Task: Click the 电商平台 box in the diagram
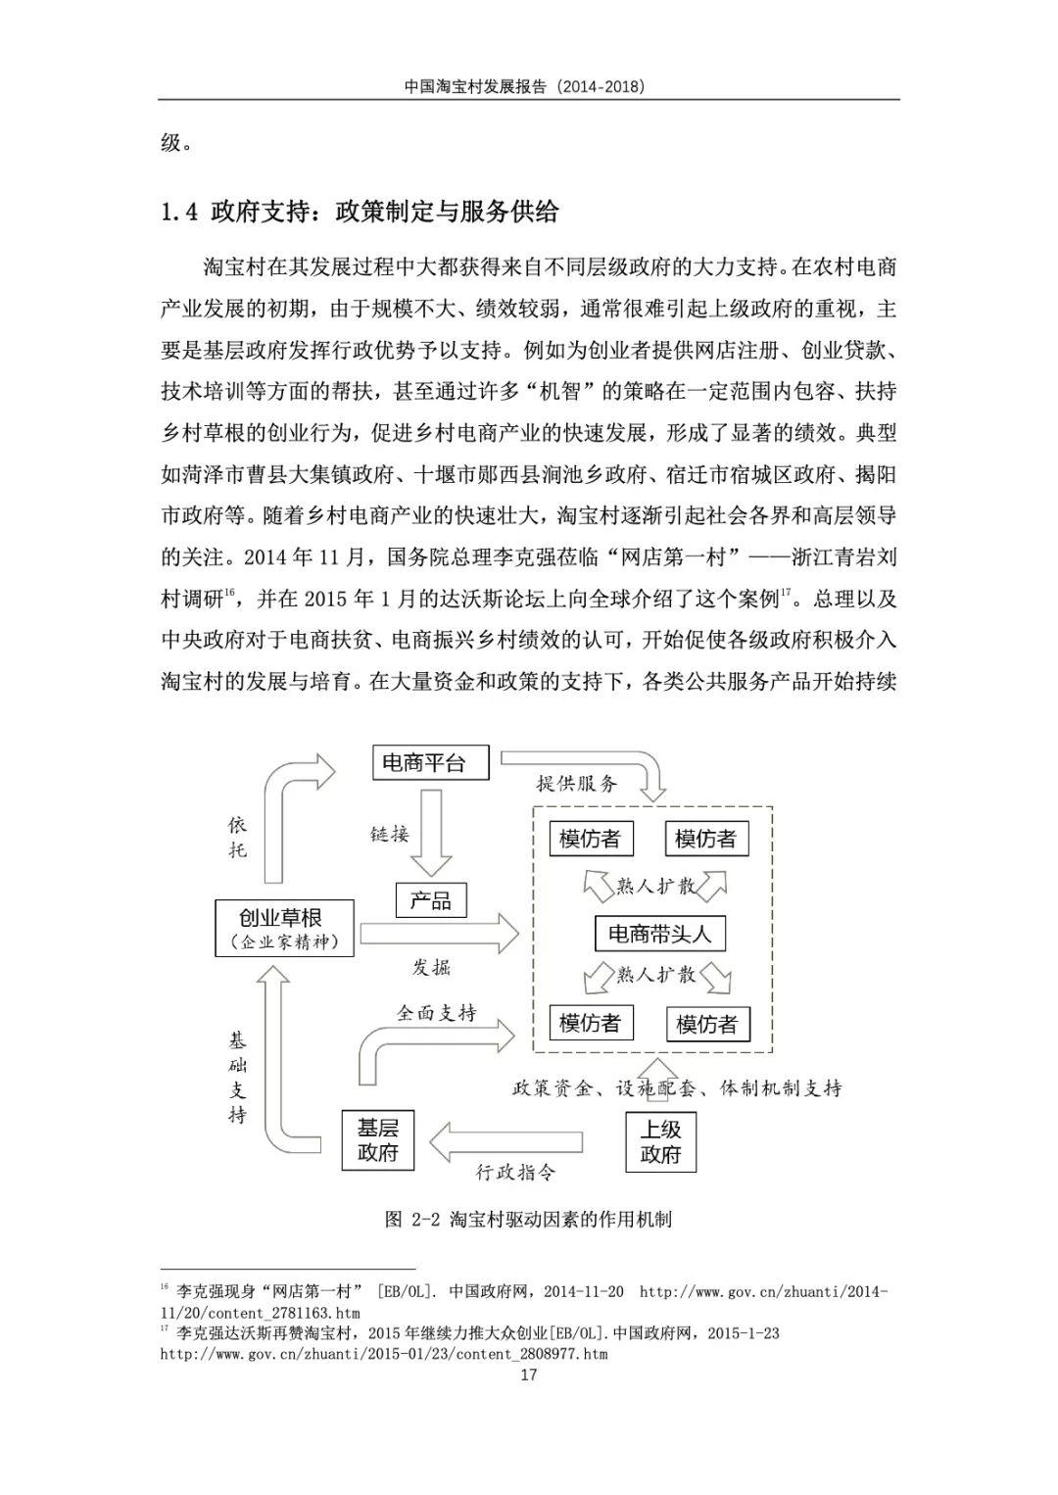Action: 430,763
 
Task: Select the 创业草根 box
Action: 284,928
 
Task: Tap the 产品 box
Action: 430,900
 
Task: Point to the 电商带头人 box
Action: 659,933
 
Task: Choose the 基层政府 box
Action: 378,1140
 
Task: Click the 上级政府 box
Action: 660,1141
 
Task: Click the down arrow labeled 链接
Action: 431,833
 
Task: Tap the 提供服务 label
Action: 577,784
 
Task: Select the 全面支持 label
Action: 437,1013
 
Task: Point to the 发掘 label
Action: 431,967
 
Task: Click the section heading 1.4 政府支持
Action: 360,212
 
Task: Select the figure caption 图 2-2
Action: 528,1220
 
